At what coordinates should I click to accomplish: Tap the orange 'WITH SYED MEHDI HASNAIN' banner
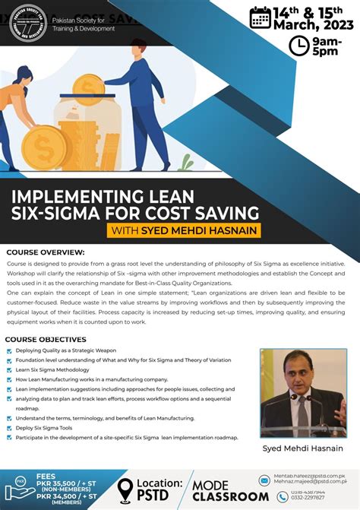[x=185, y=230]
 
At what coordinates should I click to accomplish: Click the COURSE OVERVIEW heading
[x=46, y=252]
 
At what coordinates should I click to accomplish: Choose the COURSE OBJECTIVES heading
[x=46, y=338]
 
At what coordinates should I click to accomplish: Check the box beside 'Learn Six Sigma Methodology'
[x=9, y=369]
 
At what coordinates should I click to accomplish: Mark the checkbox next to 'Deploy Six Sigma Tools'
[x=9, y=428]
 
